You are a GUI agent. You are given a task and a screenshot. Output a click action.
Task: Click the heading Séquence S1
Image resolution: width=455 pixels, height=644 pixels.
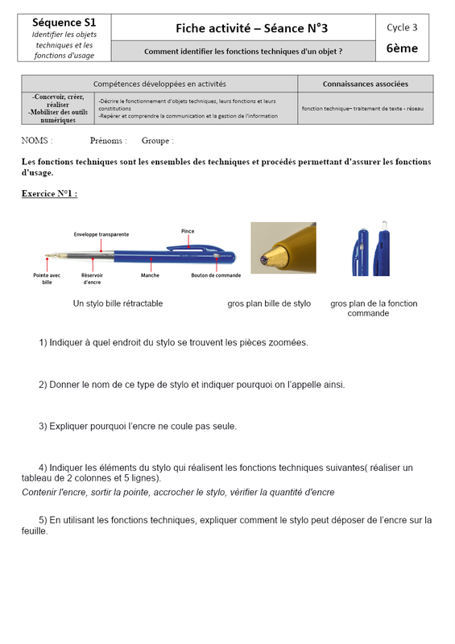coord(64,23)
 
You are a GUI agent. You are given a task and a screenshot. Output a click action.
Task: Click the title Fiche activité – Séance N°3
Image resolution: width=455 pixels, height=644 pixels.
coord(251,28)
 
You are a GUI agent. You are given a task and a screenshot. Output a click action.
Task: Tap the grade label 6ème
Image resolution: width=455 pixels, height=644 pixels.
coord(402,48)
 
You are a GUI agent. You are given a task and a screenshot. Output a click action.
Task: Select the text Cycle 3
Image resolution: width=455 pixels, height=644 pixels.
coord(402,27)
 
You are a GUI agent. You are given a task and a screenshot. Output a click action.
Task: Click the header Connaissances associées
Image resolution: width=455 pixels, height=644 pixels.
coord(366,84)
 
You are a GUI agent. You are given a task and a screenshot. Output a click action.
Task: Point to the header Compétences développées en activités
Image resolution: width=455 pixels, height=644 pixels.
coord(159,84)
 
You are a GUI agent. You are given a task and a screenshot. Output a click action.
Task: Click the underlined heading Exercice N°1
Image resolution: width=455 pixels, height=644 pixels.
coord(49,193)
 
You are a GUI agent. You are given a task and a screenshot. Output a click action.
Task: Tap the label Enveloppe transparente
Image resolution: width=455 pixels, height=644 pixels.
coord(101,234)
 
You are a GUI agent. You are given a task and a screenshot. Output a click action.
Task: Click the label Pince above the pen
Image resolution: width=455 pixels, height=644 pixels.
coord(188,231)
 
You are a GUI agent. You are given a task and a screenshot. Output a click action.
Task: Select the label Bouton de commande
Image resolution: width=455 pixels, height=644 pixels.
coord(216,275)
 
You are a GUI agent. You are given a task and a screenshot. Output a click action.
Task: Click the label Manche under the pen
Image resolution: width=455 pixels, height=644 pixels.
coord(150,275)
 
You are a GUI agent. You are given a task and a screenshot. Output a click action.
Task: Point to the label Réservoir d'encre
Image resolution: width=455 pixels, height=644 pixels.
coord(92,279)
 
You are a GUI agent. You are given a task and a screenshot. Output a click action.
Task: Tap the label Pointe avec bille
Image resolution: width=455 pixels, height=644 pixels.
coord(47,279)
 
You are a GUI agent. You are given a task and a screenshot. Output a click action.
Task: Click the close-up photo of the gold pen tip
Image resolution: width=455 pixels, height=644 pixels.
coord(283,248)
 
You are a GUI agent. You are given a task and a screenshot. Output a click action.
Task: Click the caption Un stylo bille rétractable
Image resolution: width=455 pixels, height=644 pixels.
coord(118,303)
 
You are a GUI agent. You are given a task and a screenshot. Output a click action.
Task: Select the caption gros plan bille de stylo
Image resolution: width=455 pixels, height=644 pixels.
coord(269,303)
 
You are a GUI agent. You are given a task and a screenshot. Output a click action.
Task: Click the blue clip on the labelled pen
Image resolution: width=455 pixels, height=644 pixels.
coord(195,248)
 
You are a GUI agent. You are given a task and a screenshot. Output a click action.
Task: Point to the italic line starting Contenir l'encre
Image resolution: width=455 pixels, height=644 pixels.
coord(178,492)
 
